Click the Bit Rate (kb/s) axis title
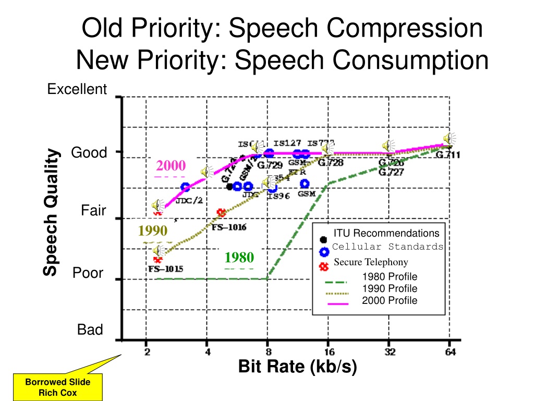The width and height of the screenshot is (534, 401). click(x=297, y=367)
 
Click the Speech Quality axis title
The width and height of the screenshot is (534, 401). click(x=51, y=212)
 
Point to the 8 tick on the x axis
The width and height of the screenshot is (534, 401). click(x=268, y=352)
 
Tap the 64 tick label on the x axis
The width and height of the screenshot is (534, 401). click(x=450, y=352)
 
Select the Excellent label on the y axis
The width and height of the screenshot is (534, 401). click(x=77, y=90)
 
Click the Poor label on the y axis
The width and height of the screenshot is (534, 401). click(x=88, y=273)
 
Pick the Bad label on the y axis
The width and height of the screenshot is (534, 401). click(x=90, y=330)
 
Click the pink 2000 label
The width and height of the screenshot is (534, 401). click(x=171, y=166)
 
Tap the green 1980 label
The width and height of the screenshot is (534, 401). click(x=239, y=257)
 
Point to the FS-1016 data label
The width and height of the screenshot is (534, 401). click(x=229, y=227)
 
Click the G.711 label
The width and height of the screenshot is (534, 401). click(x=448, y=155)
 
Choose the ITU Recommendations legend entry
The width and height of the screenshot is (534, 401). click(x=386, y=233)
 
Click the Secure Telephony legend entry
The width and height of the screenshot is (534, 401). click(x=371, y=262)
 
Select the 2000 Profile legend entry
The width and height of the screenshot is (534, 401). click(x=389, y=300)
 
